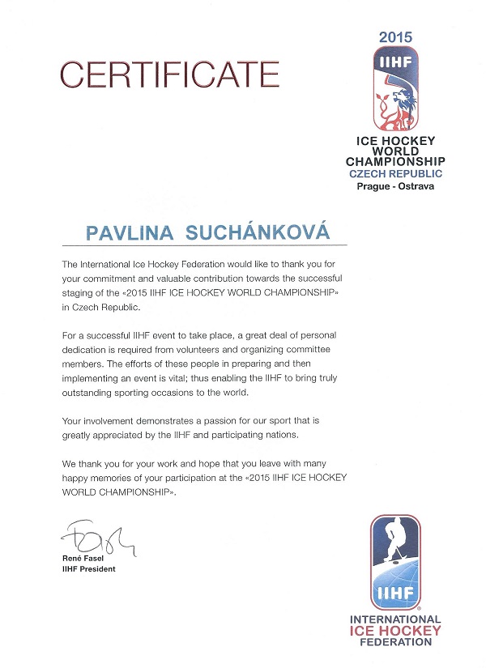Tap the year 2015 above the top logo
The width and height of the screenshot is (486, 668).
click(396, 36)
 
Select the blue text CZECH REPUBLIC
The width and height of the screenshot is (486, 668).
click(395, 174)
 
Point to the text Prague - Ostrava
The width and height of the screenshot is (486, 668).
click(395, 186)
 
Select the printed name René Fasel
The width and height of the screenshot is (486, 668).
click(84, 559)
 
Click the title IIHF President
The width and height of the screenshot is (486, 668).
click(88, 569)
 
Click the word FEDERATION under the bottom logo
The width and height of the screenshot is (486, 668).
click(395, 642)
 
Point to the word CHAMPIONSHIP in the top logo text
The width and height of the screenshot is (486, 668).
click(395, 162)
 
